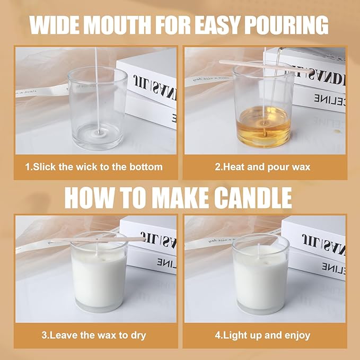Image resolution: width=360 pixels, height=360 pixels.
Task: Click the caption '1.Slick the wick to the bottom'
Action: [x=94, y=167]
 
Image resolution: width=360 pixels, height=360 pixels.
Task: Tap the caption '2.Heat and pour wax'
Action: [x=262, y=167]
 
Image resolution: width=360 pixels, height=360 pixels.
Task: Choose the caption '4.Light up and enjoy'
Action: [x=262, y=335]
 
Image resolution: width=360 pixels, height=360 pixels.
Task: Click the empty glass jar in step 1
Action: [x=98, y=106]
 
